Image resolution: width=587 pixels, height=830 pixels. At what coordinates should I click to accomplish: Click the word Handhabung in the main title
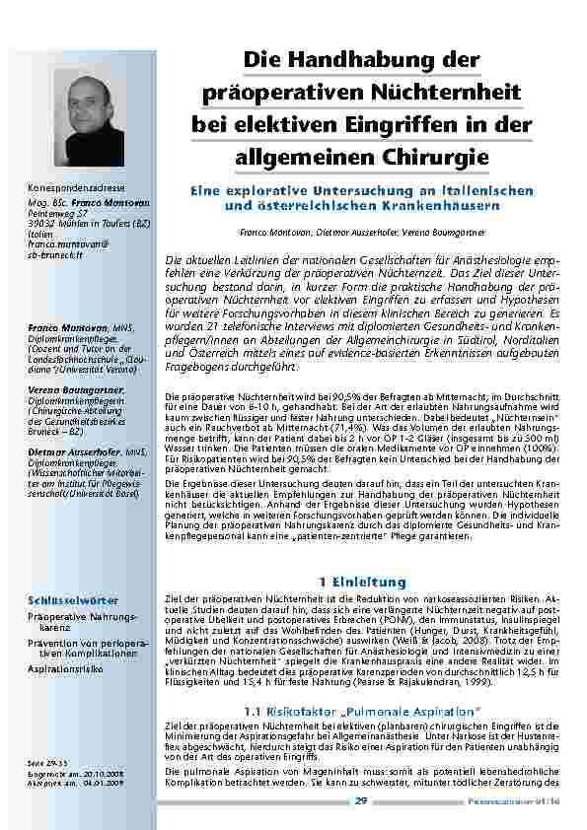coord(368,61)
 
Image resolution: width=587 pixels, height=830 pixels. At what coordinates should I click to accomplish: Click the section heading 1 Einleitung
coord(356,583)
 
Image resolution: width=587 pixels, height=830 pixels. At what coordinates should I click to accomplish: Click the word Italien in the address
coord(40,235)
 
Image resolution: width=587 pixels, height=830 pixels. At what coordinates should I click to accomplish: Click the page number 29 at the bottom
coord(362,800)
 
